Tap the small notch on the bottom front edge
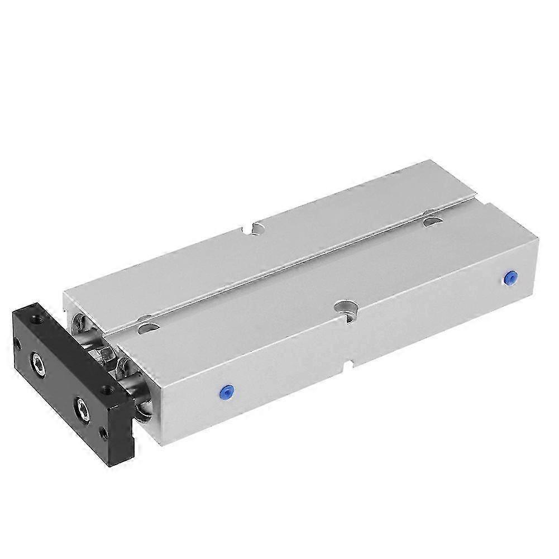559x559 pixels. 348,366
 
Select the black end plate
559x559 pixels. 67,380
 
